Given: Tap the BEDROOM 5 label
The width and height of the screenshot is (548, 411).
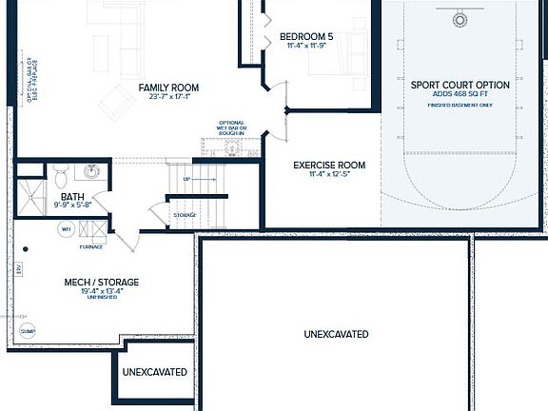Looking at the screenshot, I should pyautogui.click(x=307, y=37).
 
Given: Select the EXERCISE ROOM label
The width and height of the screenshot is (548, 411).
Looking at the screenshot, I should pyautogui.click(x=329, y=165).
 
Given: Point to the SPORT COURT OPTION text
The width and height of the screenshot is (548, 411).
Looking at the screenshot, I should pyautogui.click(x=460, y=86).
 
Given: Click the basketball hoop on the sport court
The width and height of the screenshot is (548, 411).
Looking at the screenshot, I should pyautogui.click(x=461, y=19).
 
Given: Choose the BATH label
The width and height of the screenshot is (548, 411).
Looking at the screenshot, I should pyautogui.click(x=73, y=196).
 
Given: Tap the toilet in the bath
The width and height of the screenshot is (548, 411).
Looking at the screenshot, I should pyautogui.click(x=61, y=176).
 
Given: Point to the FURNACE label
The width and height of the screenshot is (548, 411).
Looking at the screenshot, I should pyautogui.click(x=92, y=246).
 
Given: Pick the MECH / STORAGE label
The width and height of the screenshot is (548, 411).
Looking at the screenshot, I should pyautogui.click(x=102, y=283).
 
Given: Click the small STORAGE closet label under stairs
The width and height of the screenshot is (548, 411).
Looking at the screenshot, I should pyautogui.click(x=185, y=215).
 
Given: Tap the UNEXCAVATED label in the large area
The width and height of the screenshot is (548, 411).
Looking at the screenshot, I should pyautogui.click(x=336, y=334).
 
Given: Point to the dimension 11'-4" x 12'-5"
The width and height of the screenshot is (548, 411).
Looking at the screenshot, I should pyautogui.click(x=329, y=175).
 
